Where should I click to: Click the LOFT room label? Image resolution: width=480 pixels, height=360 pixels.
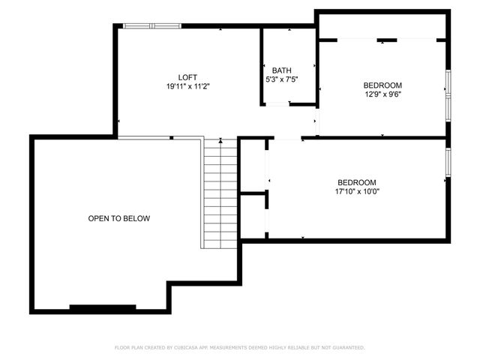click(x=188, y=77)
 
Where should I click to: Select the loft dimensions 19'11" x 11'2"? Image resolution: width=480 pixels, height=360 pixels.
click(x=188, y=87)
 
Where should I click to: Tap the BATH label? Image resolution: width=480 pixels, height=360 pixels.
click(x=282, y=70)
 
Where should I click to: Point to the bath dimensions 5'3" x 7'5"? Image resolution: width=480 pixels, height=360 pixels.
click(x=282, y=79)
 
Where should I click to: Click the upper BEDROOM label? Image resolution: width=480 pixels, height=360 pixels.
click(x=382, y=85)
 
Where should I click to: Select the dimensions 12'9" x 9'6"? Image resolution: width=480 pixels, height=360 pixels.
click(x=382, y=94)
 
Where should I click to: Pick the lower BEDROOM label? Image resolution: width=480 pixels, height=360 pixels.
click(x=356, y=182)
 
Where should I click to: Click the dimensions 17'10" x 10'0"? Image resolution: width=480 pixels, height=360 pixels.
click(x=356, y=191)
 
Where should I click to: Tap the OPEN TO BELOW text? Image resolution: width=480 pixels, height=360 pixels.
click(x=119, y=219)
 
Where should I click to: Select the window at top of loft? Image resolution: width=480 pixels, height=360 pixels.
click(x=152, y=26)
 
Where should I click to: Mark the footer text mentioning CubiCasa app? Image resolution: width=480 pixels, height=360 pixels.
click(x=240, y=347)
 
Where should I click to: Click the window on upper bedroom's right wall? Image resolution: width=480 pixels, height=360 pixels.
click(x=448, y=95)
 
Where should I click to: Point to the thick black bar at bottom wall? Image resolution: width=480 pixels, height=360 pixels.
click(x=103, y=307)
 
